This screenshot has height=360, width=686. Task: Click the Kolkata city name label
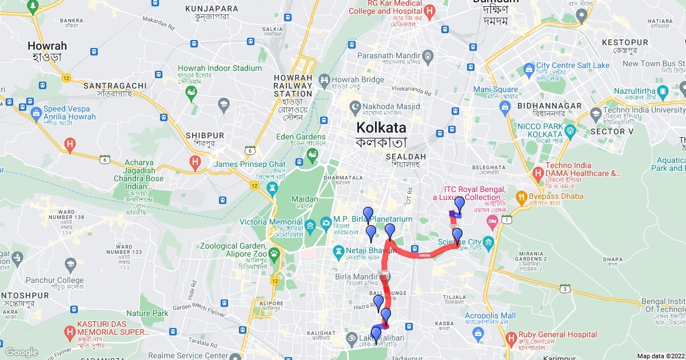tap(381, 127)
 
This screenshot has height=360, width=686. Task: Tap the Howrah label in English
tap(47, 46)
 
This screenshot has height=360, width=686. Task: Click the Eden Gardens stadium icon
tap(313, 154)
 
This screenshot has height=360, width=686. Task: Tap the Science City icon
tap(489, 242)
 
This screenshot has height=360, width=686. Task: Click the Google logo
tap(21, 352)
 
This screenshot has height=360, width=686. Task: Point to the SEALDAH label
tap(406, 156)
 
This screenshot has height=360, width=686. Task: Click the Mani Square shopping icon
tap(505, 107)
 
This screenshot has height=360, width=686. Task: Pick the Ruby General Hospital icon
tap(509, 337)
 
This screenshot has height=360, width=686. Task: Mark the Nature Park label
tap(147, 313)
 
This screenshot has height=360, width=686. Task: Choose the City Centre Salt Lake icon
tap(528, 69)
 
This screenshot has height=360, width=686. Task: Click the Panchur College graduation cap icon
tap(70, 265)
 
